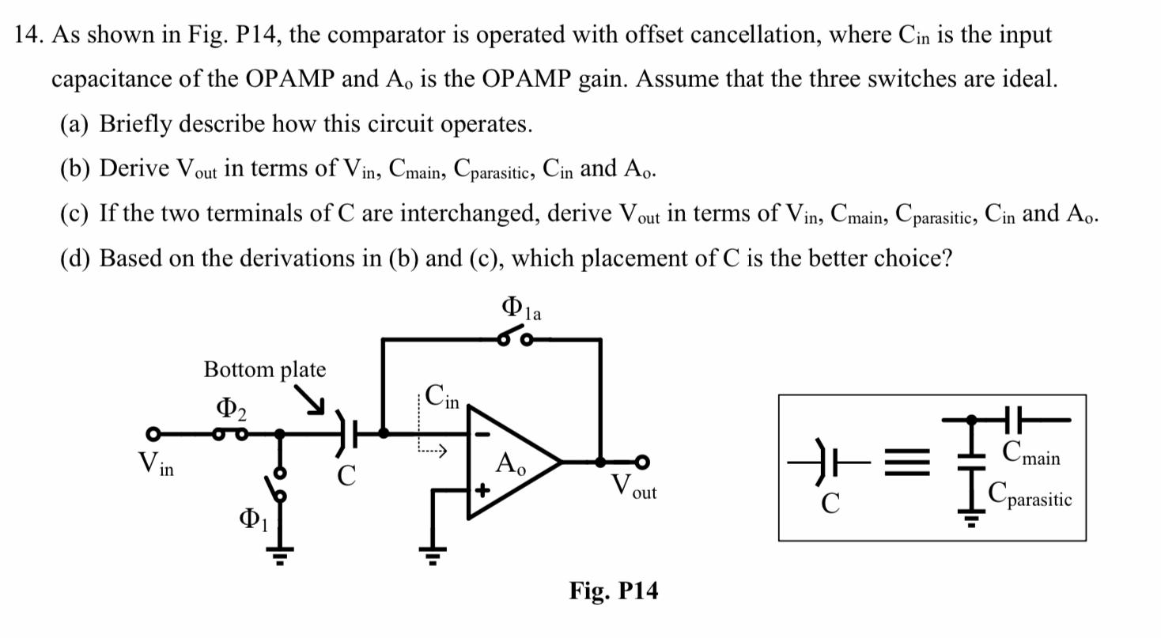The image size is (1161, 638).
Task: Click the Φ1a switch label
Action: [521, 308]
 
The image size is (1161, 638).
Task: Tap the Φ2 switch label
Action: [231, 409]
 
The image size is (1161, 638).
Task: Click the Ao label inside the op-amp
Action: [510, 463]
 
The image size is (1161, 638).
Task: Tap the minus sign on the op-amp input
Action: [482, 434]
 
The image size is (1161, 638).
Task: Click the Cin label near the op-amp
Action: [441, 395]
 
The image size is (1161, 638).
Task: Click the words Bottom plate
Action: [264, 369]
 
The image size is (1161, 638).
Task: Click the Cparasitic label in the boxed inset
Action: [1030, 498]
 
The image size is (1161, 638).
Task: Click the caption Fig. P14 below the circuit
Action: [613, 591]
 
